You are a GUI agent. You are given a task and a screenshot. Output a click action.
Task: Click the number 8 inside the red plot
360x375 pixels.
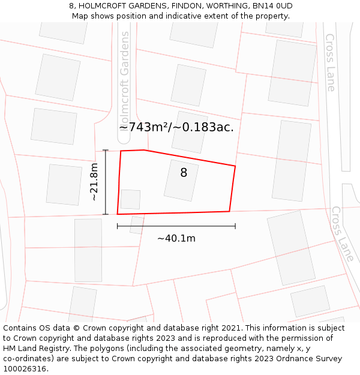(184, 173)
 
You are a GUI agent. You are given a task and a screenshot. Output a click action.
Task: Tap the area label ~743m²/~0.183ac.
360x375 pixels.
(176, 127)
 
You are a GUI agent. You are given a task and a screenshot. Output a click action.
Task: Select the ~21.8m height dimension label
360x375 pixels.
(94, 182)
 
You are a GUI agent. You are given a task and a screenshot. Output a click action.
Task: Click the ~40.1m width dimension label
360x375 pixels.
(176, 238)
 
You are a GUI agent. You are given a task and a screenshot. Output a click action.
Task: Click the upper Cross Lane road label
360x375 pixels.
(331, 62)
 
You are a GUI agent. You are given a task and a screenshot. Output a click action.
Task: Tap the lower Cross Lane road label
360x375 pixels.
(343, 234)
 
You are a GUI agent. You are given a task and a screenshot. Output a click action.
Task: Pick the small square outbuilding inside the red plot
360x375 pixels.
(130, 199)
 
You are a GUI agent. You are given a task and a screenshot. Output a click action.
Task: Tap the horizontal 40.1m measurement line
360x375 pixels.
(176, 226)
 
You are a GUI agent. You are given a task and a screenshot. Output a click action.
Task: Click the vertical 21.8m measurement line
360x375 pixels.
(106, 182)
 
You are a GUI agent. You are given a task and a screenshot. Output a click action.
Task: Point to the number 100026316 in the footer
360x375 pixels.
(25, 369)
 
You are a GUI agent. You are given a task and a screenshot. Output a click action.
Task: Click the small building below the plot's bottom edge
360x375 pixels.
(137, 225)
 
